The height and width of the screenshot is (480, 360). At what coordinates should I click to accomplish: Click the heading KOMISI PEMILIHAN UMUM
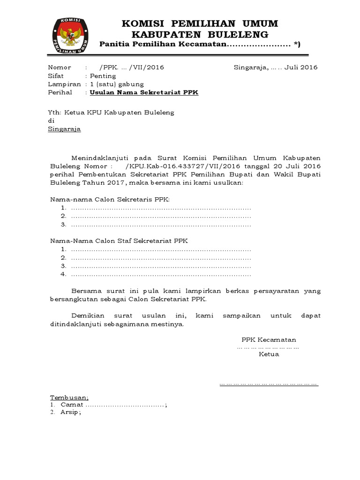200,23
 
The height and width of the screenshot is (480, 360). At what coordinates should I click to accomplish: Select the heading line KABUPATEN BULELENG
200,34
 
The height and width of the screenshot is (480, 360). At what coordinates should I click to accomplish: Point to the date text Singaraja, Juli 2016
276,67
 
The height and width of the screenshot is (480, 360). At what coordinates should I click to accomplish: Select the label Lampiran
64,84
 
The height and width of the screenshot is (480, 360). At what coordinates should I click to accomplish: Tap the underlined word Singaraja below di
65,129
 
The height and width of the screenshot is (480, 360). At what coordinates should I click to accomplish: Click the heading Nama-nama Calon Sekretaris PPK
111,199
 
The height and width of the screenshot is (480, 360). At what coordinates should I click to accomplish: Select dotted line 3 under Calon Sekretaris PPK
160,225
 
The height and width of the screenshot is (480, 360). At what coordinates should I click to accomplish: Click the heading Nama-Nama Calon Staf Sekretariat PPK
119,240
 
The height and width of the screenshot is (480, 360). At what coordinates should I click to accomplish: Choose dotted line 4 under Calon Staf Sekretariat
160,274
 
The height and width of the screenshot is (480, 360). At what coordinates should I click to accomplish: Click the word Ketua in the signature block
269,354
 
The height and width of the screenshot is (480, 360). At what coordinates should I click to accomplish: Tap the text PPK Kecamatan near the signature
269,339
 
